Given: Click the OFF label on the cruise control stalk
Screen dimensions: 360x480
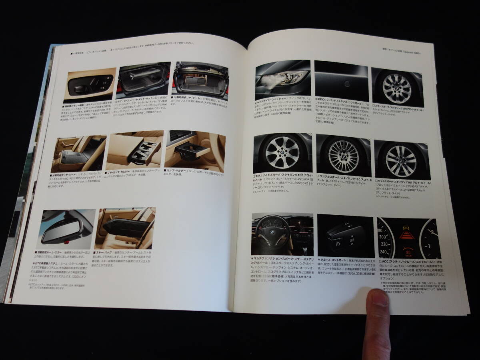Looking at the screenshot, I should pyautogui.click(x=352, y=240).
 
